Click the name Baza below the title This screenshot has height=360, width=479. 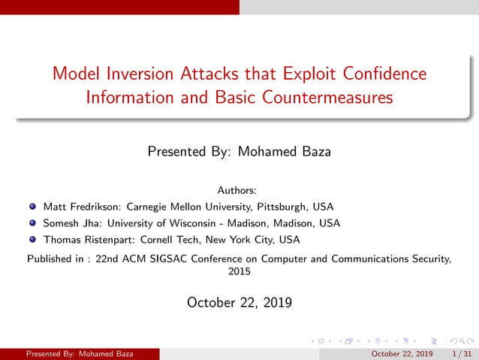click(x=314, y=152)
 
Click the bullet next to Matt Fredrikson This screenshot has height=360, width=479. click(x=33, y=206)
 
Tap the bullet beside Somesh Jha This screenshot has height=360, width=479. click(x=33, y=223)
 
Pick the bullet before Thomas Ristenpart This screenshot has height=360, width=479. click(x=33, y=241)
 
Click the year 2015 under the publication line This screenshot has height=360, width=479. click(x=239, y=272)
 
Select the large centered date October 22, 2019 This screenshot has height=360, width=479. click(x=239, y=303)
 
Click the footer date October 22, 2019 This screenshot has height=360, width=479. click(x=402, y=354)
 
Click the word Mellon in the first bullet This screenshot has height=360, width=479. click(x=189, y=206)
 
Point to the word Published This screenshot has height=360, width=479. click(x=50, y=259)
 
